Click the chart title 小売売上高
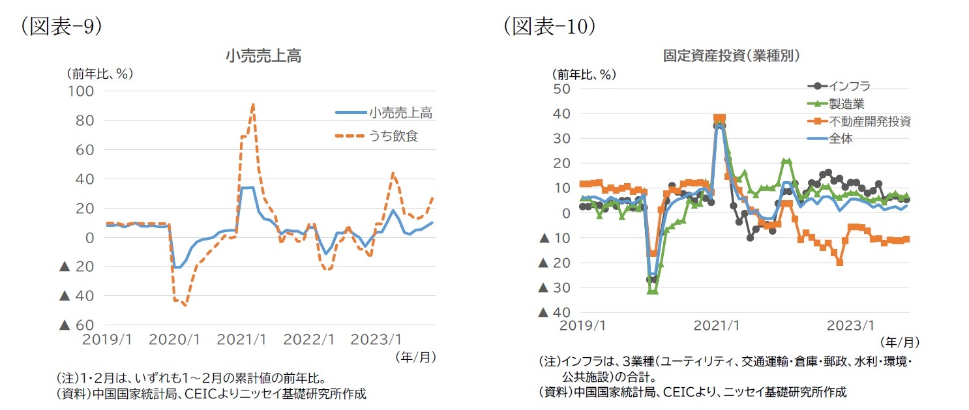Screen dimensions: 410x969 pos(263,57)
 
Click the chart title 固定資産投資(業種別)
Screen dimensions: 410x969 pos(732,56)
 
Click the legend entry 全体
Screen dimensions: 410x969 pos(841,138)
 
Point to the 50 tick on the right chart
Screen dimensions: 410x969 pos(561,89)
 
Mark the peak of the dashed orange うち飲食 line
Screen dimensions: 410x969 pos(252,104)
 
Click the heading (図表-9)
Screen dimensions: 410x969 pos(61,26)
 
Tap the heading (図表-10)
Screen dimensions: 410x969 pos(549,26)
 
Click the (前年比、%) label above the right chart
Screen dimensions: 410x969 pos(583,74)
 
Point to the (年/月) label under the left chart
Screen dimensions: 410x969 pos(415,357)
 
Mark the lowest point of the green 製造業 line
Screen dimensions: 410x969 pos(652,291)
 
